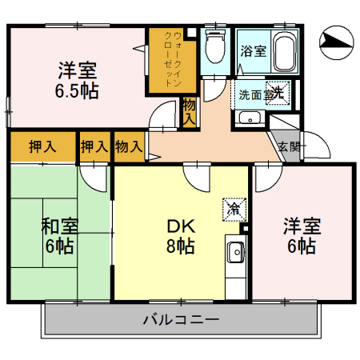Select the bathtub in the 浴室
(285, 52)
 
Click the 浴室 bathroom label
(254, 50)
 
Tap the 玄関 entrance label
(289, 146)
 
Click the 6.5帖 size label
(77, 91)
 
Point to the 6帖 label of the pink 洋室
(301, 246)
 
